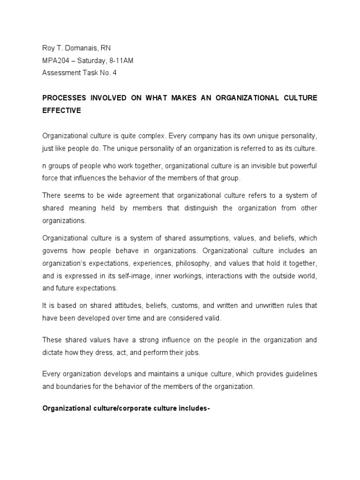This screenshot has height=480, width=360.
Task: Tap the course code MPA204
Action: click(56, 61)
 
